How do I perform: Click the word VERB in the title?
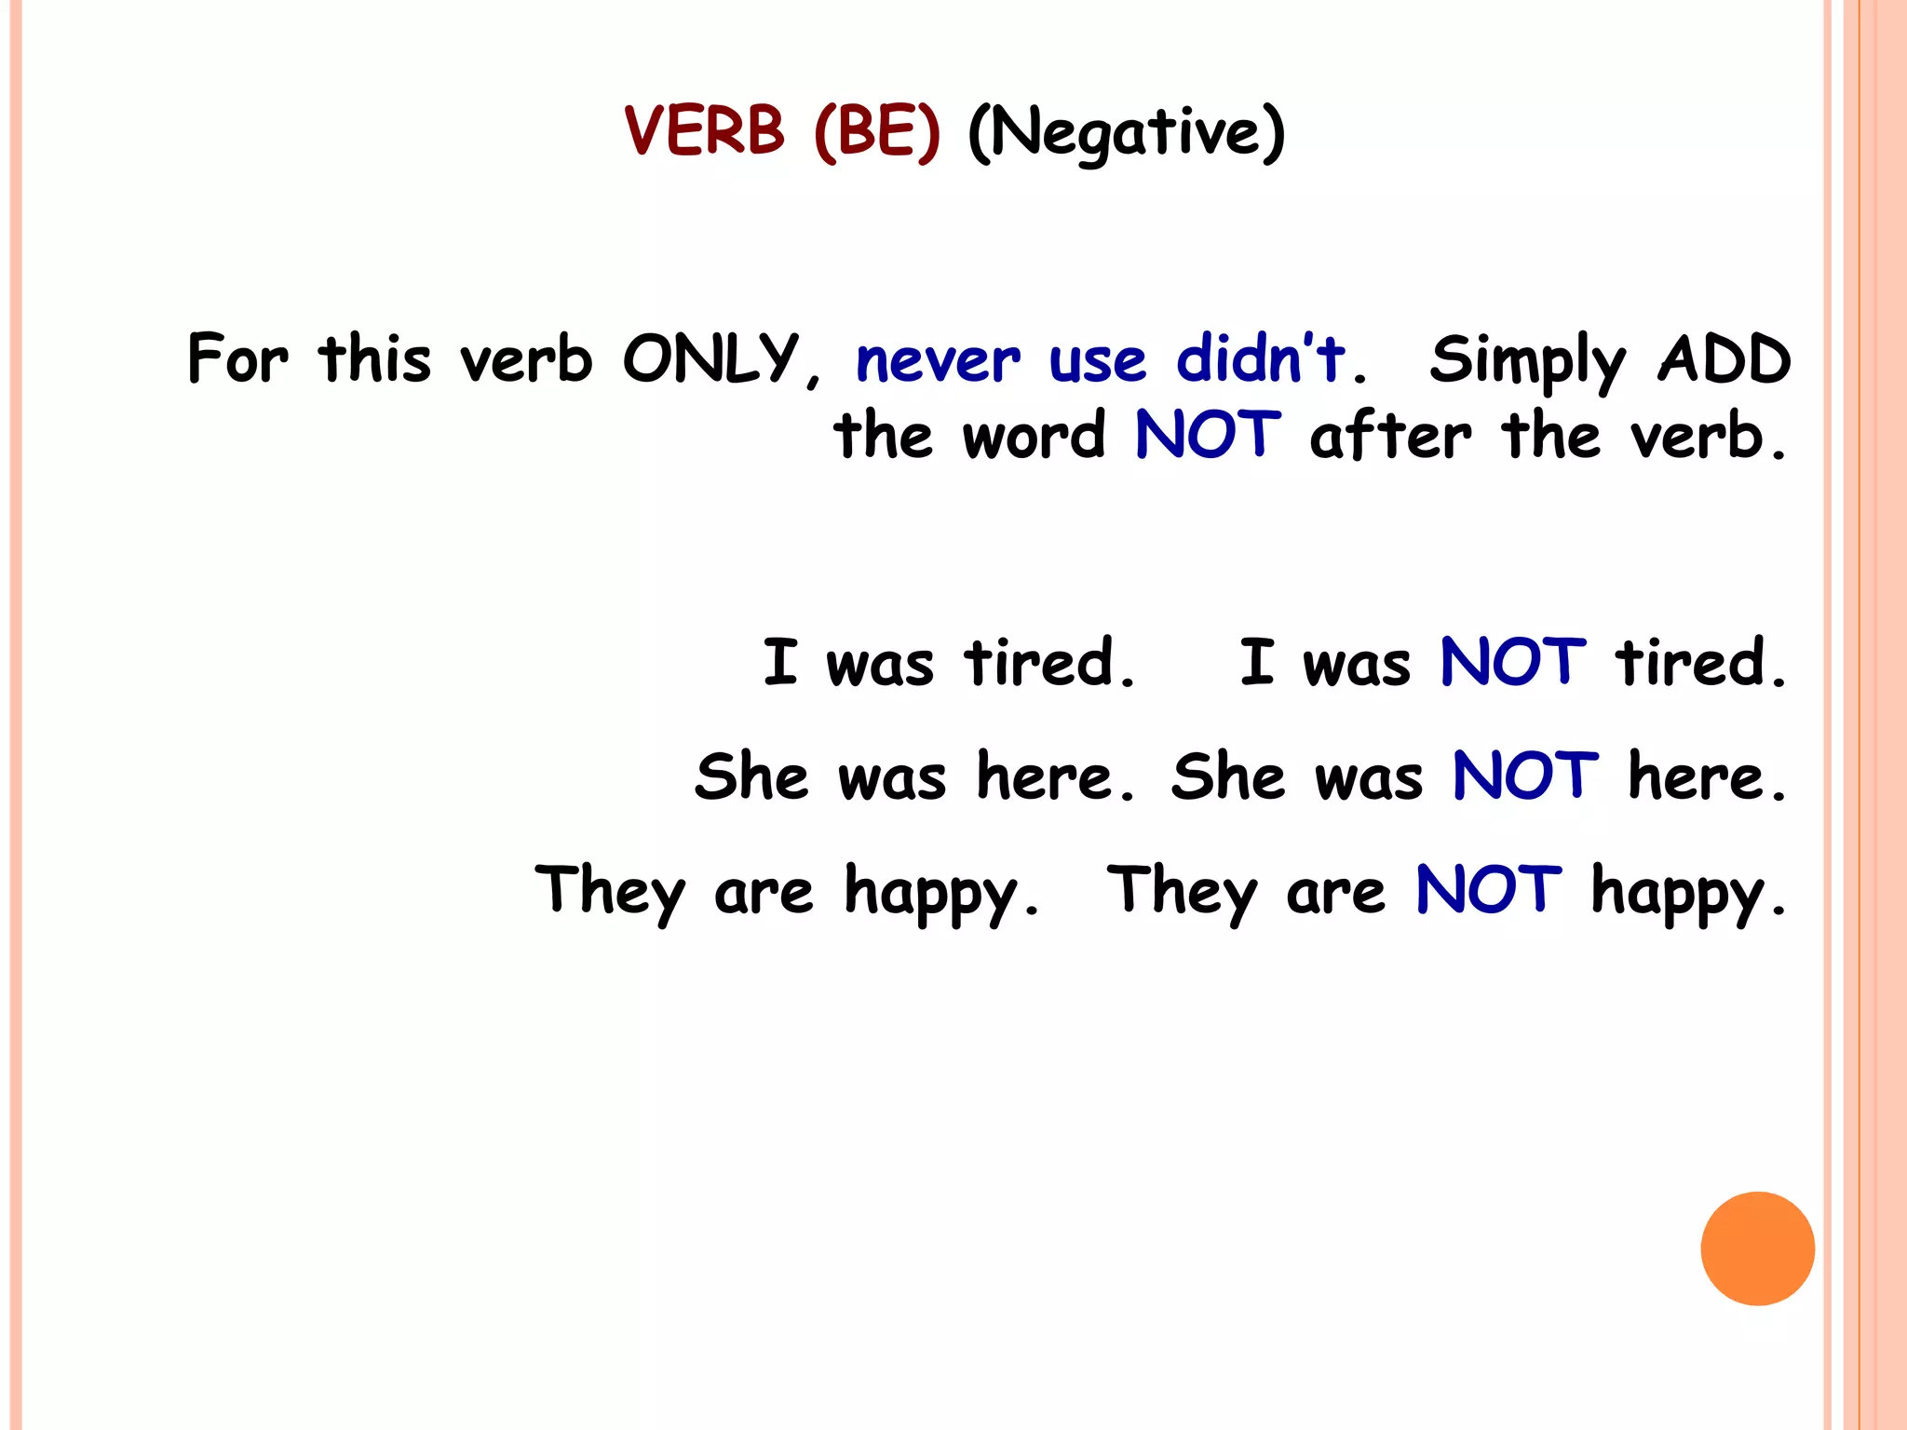pyautogui.click(x=705, y=130)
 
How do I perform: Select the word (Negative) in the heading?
pyautogui.click(x=1127, y=132)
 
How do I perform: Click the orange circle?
pyautogui.click(x=1757, y=1248)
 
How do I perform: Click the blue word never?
pyautogui.click(x=938, y=360)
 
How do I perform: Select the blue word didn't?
pyautogui.click(x=1261, y=357)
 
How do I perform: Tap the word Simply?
pyautogui.click(x=1528, y=361)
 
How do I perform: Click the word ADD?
pyautogui.click(x=1724, y=358)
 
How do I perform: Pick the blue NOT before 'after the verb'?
pyautogui.click(x=1208, y=435)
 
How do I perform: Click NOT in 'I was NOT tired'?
pyautogui.click(x=1512, y=663)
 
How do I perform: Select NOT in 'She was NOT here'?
pyautogui.click(x=1525, y=776)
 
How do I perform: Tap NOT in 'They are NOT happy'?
pyautogui.click(x=1488, y=890)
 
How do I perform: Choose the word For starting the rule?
pyautogui.click(x=237, y=358)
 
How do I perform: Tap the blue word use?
pyautogui.click(x=1097, y=362)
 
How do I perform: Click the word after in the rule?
pyautogui.click(x=1390, y=435)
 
